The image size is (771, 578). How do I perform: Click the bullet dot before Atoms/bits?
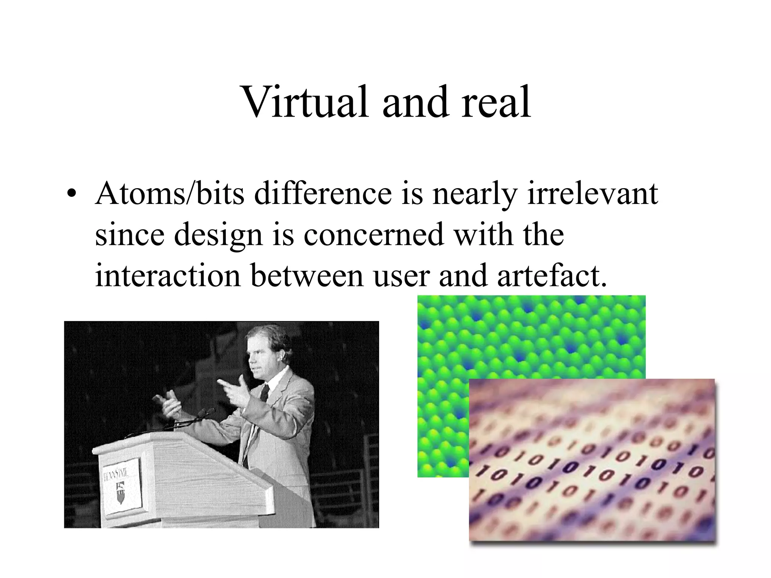pos(70,195)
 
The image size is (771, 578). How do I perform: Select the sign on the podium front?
pos(122,486)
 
